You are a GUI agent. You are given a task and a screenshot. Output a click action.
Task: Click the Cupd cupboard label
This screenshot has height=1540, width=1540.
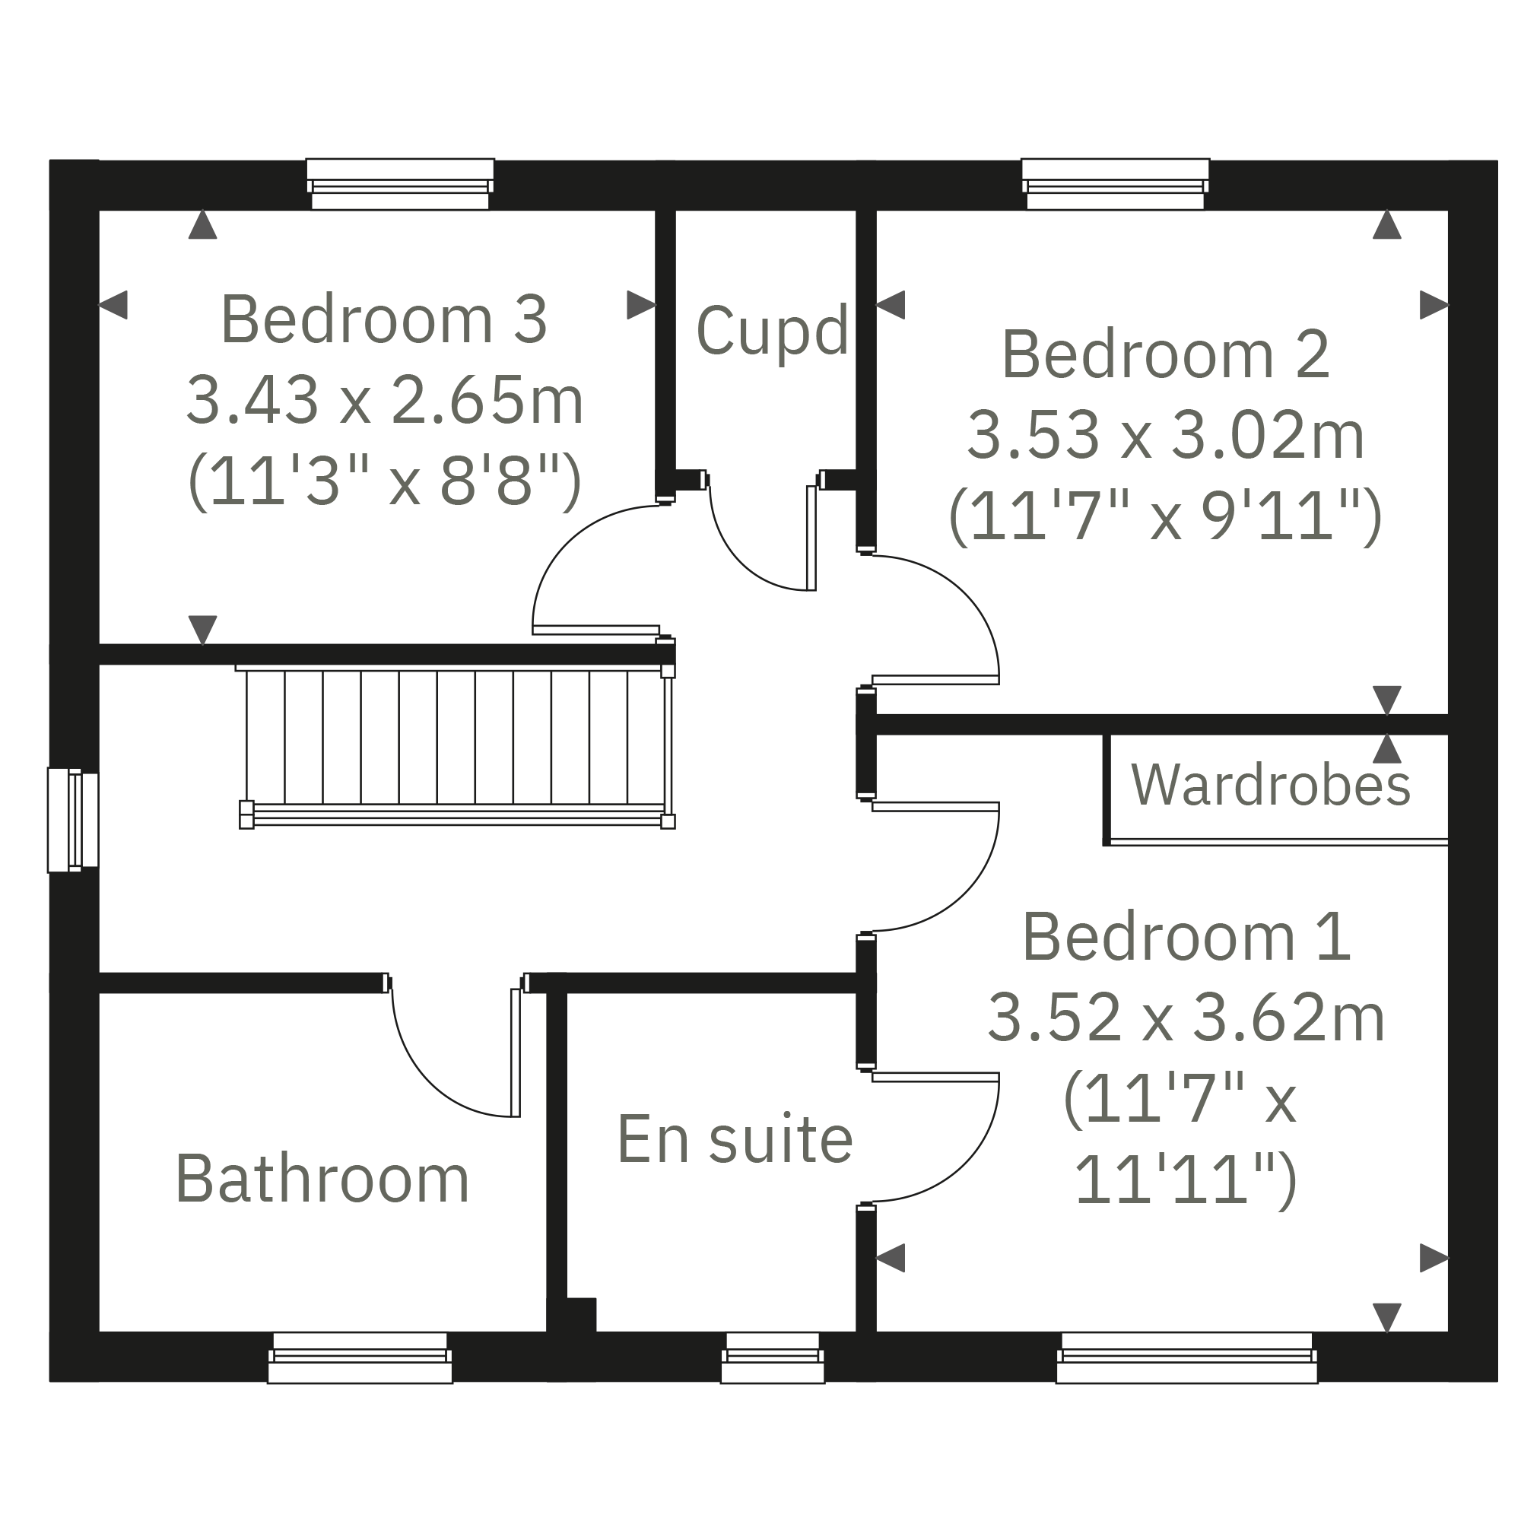tap(772, 332)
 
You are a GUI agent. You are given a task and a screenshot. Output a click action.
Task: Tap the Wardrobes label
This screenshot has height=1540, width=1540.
tap(1271, 786)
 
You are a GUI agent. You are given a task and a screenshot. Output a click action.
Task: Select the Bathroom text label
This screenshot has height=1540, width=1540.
tap(322, 1180)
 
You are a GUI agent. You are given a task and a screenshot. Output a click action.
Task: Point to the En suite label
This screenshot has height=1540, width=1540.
tap(734, 1140)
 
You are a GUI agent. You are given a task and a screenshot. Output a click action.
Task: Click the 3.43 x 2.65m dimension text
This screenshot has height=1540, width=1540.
tap(385, 401)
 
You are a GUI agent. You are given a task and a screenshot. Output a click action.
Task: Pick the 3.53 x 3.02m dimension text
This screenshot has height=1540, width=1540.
tap(1165, 436)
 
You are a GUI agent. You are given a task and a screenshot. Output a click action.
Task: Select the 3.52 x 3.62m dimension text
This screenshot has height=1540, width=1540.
tap(1186, 1019)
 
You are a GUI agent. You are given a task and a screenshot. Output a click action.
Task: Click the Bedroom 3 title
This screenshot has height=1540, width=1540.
tap(383, 319)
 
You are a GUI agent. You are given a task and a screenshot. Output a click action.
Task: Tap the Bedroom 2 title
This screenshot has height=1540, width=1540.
tap(1165, 354)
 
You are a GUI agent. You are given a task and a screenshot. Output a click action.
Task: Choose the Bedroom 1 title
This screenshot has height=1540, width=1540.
tap(1186, 938)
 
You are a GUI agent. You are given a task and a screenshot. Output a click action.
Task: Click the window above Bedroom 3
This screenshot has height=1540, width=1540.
tap(399, 185)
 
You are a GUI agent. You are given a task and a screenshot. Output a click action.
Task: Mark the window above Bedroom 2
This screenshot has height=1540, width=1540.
tap(1114, 185)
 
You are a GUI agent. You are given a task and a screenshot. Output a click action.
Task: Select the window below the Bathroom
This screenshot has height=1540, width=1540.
tap(360, 1358)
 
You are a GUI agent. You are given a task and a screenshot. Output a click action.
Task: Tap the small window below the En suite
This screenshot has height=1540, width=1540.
tap(772, 1358)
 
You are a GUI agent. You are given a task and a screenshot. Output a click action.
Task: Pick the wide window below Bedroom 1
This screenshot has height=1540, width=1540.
tap(1186, 1358)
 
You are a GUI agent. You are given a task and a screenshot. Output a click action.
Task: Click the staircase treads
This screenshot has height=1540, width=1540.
tap(454, 738)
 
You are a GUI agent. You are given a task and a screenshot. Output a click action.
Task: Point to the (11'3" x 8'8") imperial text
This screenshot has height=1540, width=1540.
tap(385, 481)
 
